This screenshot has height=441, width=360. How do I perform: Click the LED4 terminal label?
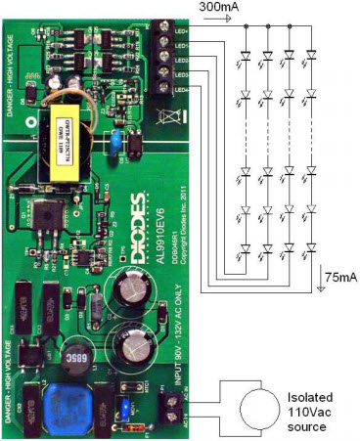[181, 90]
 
